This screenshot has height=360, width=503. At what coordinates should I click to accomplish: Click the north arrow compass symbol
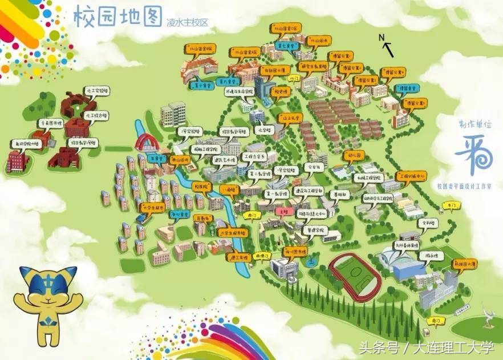[387, 45]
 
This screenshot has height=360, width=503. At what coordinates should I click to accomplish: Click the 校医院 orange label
[200, 187]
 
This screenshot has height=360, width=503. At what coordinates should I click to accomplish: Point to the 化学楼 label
[263, 130]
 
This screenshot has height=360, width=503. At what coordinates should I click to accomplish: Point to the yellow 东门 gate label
[451, 204]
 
